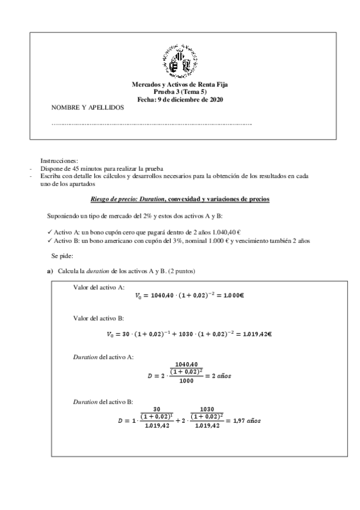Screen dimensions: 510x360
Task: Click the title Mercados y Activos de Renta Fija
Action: point(180,85)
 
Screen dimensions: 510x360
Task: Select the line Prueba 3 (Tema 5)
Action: point(180,92)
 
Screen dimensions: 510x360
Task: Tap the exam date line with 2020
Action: point(180,99)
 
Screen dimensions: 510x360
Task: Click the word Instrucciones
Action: point(59,162)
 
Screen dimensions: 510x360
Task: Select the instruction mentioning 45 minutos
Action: point(102,169)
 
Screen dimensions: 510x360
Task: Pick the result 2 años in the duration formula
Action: point(218,375)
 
